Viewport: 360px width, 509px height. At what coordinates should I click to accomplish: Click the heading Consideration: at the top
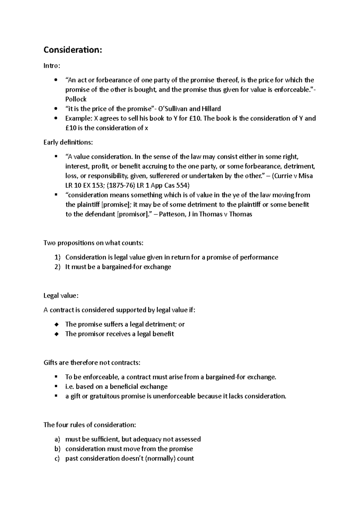click(x=73, y=50)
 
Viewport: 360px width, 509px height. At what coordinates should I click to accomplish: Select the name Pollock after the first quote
click(x=76, y=99)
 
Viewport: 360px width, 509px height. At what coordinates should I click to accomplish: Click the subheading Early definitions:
click(x=68, y=142)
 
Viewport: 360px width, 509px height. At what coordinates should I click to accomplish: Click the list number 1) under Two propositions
click(x=57, y=257)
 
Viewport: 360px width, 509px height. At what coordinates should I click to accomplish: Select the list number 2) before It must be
click(x=57, y=267)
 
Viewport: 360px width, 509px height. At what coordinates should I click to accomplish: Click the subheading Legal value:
click(x=61, y=296)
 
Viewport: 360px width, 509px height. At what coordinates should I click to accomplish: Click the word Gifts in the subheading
click(x=50, y=363)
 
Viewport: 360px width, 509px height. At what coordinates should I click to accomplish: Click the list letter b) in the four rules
click(x=57, y=449)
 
